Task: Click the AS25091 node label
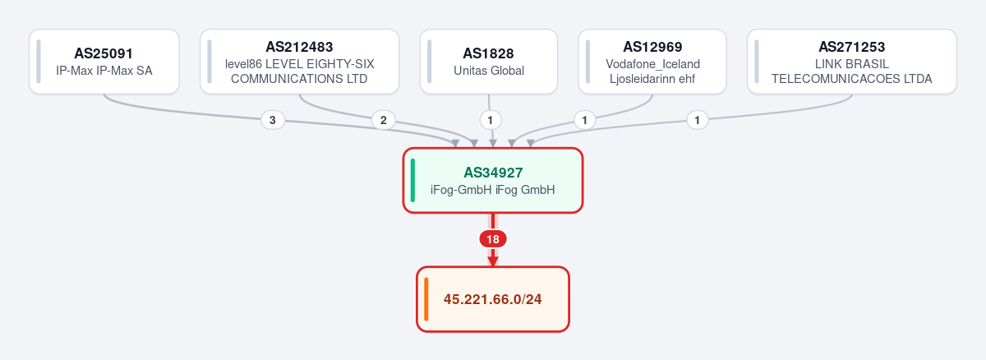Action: pyautogui.click(x=104, y=53)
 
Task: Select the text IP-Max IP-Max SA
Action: pyautogui.click(x=104, y=71)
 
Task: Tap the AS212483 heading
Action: pyautogui.click(x=299, y=47)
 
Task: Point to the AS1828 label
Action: pyautogui.click(x=488, y=53)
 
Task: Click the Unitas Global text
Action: pyautogui.click(x=489, y=71)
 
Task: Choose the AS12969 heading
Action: pyautogui.click(x=652, y=47)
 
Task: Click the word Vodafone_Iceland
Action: pyautogui.click(x=652, y=64)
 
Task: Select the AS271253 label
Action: pyautogui.click(x=852, y=47)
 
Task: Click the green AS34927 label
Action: pyautogui.click(x=493, y=173)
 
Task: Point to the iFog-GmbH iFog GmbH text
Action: pyautogui.click(x=492, y=190)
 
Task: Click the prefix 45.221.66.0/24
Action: pyautogui.click(x=492, y=299)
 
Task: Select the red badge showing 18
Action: pyautogui.click(x=493, y=239)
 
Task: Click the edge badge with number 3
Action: pyautogui.click(x=273, y=120)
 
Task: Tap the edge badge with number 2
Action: pyautogui.click(x=384, y=120)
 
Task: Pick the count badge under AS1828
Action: pyautogui.click(x=491, y=120)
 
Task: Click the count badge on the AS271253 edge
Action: pyautogui.click(x=698, y=120)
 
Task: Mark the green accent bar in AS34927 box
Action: pyautogui.click(x=412, y=181)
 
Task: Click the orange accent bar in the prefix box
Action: pyautogui.click(x=426, y=299)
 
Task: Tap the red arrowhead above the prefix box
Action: pyautogui.click(x=493, y=261)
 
